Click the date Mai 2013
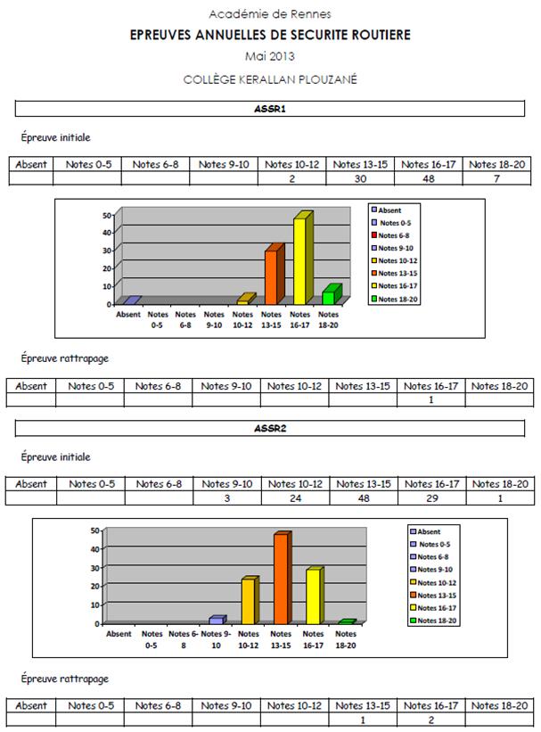270,57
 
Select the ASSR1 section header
270,109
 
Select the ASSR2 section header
270,428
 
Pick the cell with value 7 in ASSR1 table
496,178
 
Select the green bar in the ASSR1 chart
329,296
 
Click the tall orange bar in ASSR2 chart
281,580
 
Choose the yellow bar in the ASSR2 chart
312,596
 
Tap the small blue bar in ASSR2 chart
217,620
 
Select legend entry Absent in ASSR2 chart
429,531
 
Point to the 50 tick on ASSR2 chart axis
94,530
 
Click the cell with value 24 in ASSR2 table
295,498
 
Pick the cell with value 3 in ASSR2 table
227,498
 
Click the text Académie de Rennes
270,14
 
